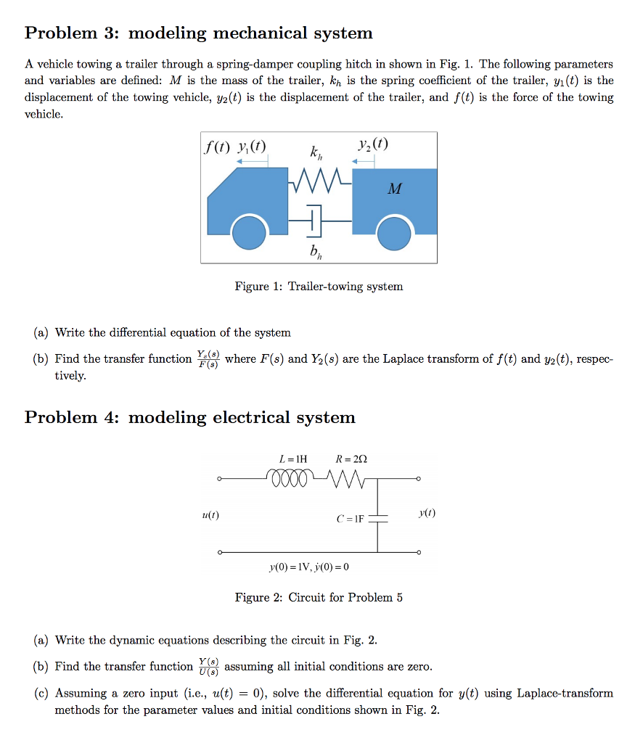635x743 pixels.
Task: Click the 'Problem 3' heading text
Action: pyautogui.click(x=198, y=33)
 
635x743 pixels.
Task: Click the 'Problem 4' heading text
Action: pyautogui.click(x=189, y=417)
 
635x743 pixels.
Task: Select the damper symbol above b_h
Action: pyautogui.click(x=313, y=219)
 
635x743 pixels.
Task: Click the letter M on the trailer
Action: pyautogui.click(x=394, y=189)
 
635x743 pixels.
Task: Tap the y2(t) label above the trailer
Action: pyautogui.click(x=373, y=144)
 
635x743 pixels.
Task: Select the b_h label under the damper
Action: pyautogui.click(x=314, y=252)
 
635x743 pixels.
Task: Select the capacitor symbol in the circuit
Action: pyautogui.click(x=377, y=519)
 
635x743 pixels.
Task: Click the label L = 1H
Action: pyautogui.click(x=293, y=459)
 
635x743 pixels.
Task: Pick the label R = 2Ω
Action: pyautogui.click(x=351, y=459)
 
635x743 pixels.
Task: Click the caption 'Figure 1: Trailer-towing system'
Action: pyautogui.click(x=319, y=287)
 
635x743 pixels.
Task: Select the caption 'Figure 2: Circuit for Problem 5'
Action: pyautogui.click(x=319, y=598)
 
